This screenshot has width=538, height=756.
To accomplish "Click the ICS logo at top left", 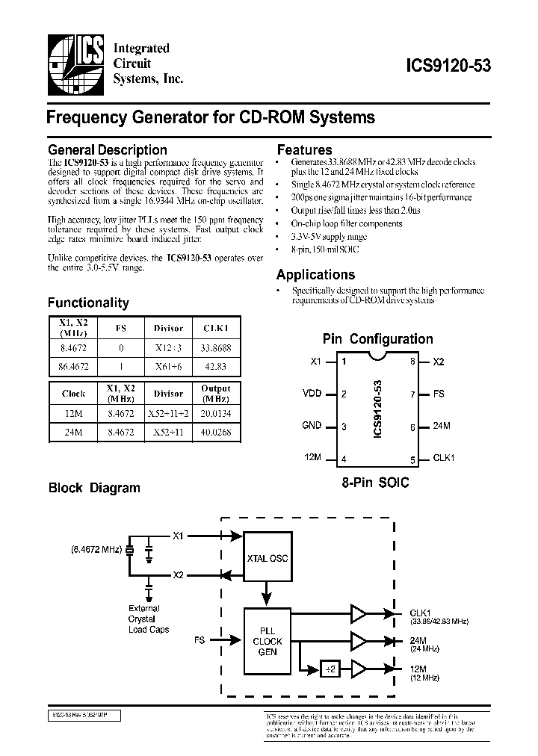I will click(x=75, y=64).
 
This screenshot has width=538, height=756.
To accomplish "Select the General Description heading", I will click(x=108, y=150).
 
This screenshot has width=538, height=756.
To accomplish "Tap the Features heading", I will click(x=304, y=149).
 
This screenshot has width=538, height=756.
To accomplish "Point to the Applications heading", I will click(x=315, y=275).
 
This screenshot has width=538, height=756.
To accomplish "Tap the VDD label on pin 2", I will click(x=312, y=394).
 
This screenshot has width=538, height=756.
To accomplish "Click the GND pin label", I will click(x=312, y=426).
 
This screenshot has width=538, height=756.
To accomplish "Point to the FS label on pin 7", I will click(x=439, y=394).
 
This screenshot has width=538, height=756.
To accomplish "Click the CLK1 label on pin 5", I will click(x=444, y=458).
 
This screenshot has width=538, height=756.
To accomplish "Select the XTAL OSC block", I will click(x=267, y=558).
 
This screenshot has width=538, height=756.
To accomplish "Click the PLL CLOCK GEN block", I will click(x=267, y=642).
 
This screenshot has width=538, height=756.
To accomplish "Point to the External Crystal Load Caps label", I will click(x=149, y=619).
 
